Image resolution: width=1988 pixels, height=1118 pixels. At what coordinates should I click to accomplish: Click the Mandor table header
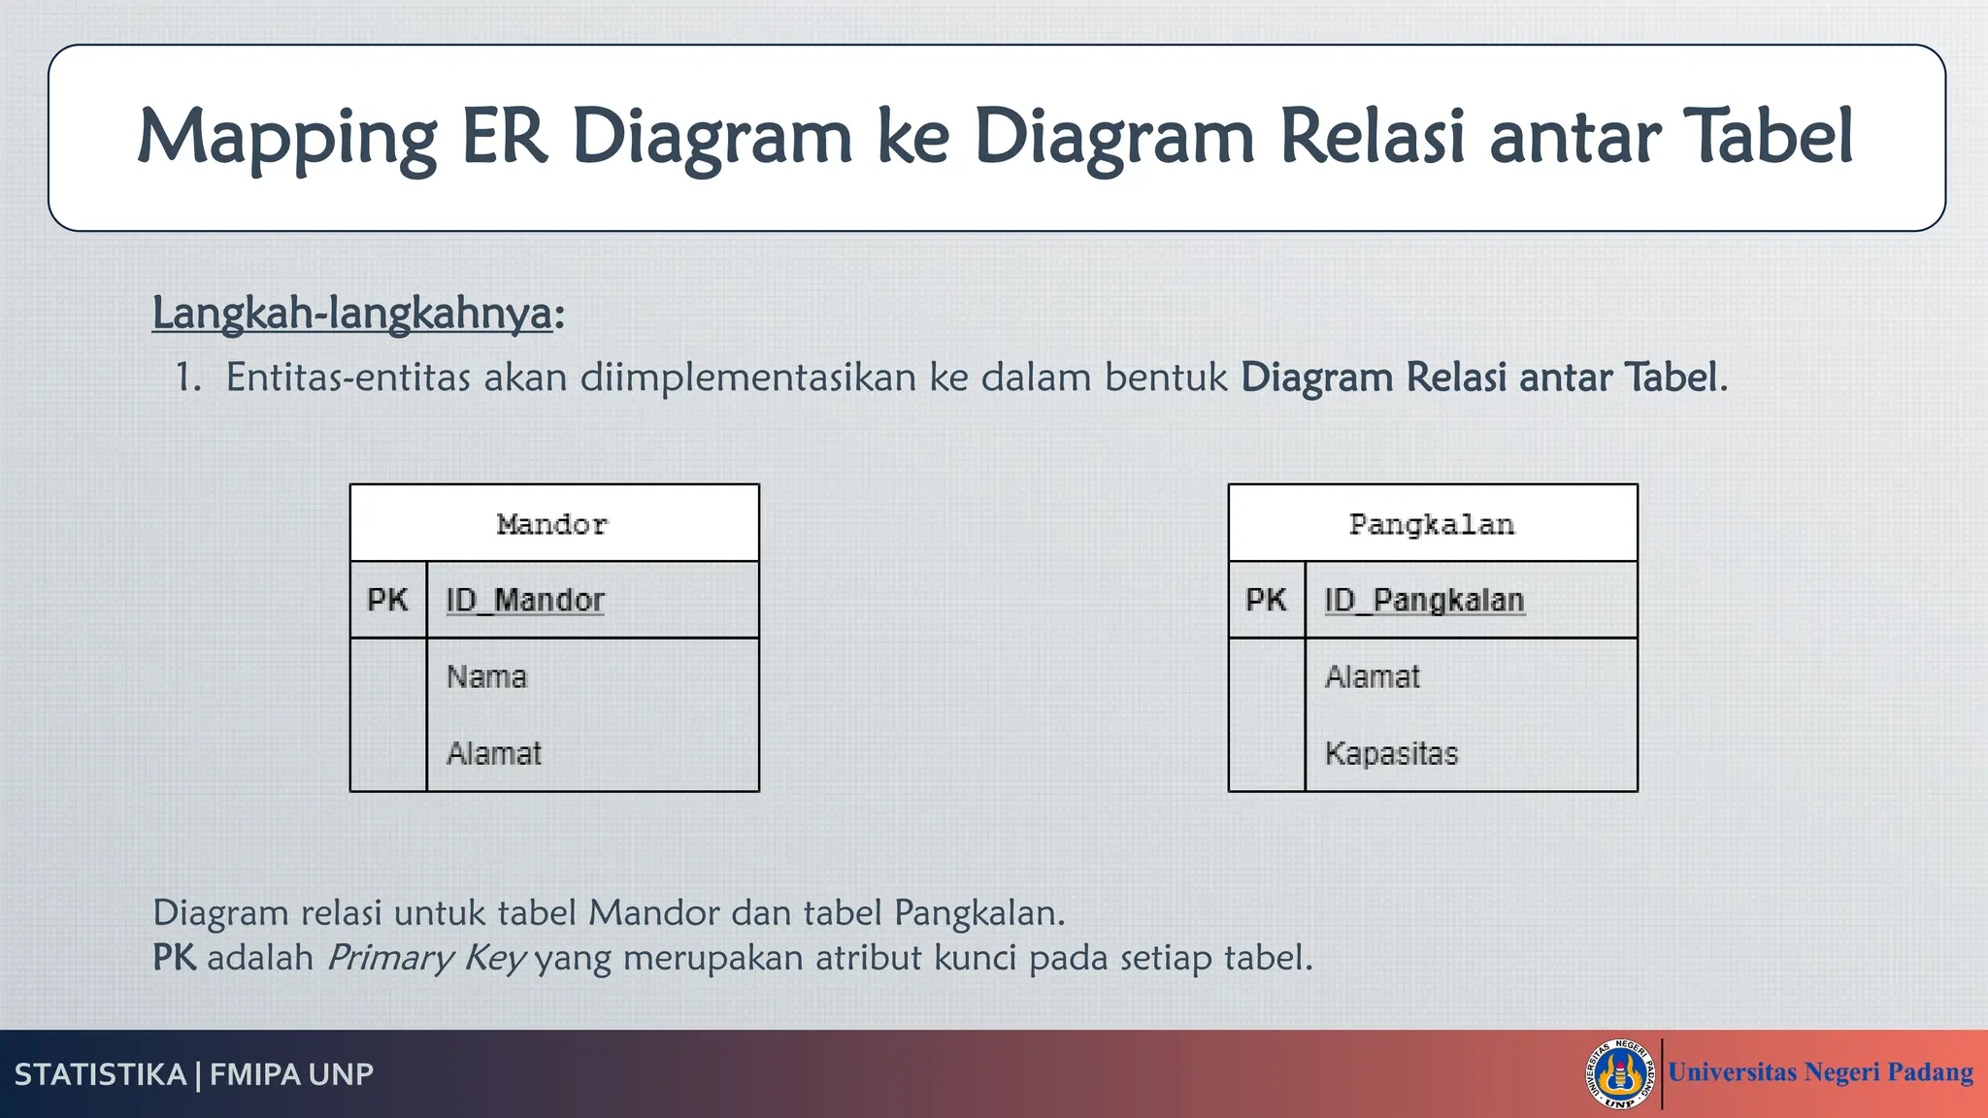pos(553,525)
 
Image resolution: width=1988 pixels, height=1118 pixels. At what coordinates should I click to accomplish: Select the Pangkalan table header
pos(1432,525)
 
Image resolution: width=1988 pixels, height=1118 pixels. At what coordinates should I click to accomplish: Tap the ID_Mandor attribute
pos(525,601)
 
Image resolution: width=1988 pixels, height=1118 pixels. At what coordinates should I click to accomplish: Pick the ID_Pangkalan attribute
pos(1424,601)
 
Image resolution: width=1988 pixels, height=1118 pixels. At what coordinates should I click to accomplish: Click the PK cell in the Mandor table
pos(387,601)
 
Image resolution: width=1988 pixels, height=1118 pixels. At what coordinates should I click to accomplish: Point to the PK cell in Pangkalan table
pos(1266,601)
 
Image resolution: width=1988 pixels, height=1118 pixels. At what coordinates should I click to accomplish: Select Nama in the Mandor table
pos(486,676)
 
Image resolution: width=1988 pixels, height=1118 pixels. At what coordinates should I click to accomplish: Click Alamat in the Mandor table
pos(493,753)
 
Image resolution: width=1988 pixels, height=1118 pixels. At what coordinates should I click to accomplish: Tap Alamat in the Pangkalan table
pos(1372,676)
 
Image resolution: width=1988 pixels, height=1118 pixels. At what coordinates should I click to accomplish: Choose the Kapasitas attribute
pos(1391,753)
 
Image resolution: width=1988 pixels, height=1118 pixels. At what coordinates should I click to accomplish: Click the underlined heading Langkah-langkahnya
pos(351,313)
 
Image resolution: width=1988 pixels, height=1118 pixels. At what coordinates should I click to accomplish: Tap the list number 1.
pos(186,378)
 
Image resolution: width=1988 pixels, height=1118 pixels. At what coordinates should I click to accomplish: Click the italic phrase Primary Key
pos(426,958)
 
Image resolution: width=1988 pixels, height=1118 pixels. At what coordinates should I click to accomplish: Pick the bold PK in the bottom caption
pos(174,958)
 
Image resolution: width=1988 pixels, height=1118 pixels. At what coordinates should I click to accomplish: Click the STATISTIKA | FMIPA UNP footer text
pos(194,1074)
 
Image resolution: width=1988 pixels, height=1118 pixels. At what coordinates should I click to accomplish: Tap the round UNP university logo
pos(1619,1073)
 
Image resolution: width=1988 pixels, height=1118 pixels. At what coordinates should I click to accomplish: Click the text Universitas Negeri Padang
pos(1820,1072)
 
